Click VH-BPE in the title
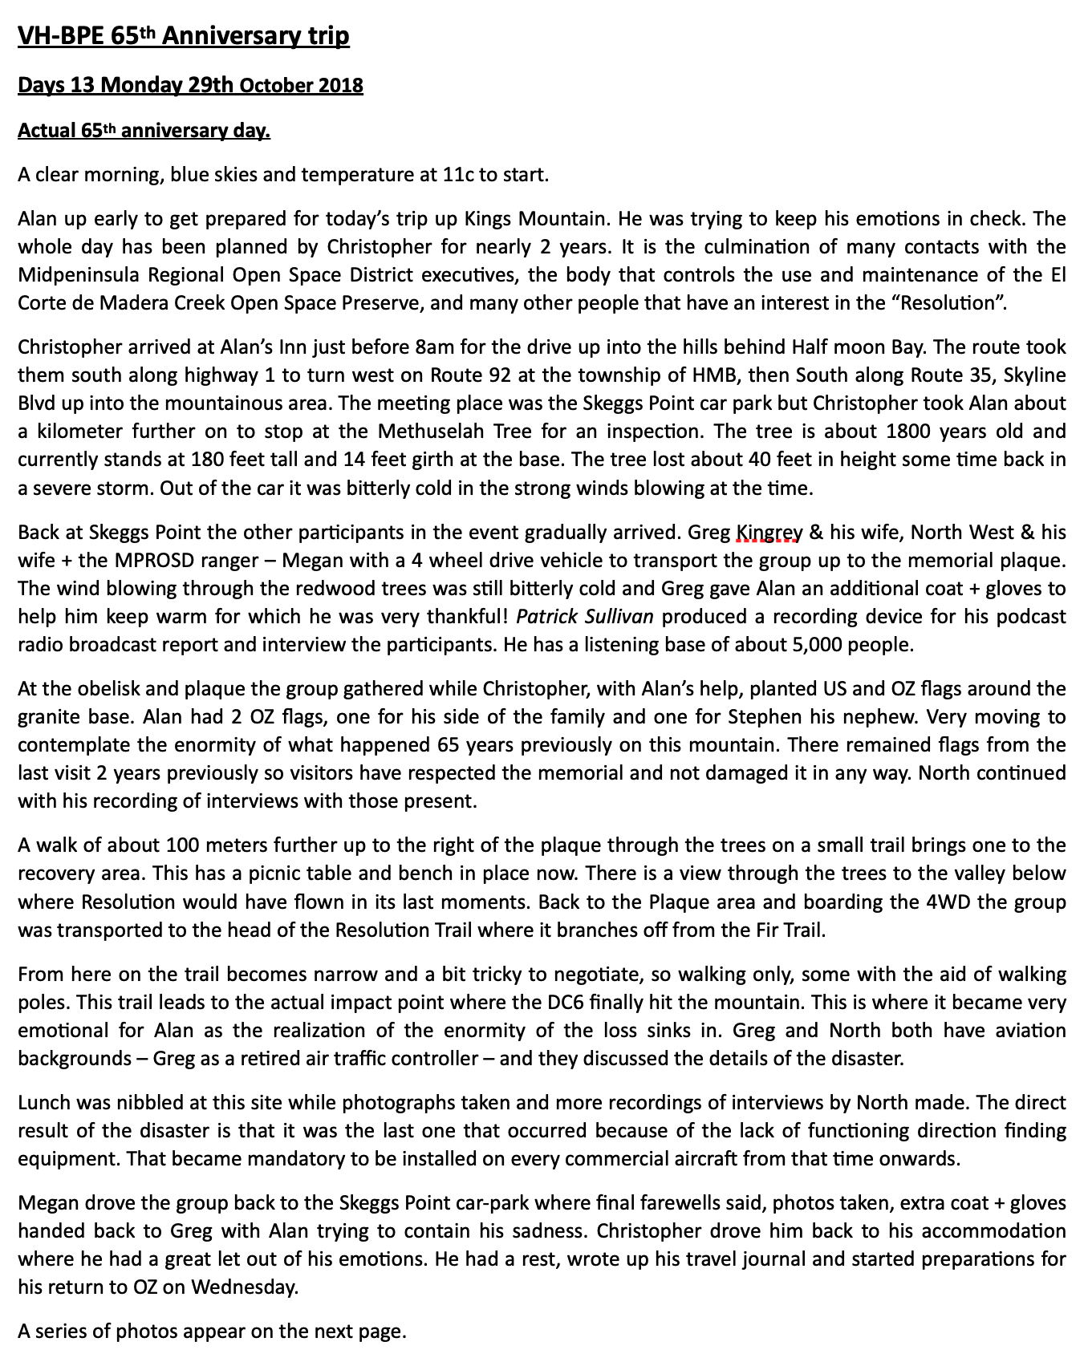point(61,36)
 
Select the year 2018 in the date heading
point(342,85)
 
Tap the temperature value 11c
point(458,175)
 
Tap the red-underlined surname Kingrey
point(769,533)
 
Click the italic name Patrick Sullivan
point(585,617)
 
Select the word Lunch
point(43,1103)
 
